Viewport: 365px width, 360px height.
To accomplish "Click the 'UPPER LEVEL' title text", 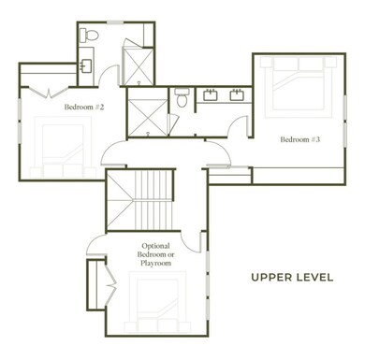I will [x=292, y=277].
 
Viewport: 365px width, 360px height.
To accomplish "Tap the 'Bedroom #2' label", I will [x=84, y=108].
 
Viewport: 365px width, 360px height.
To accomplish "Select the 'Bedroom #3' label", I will [x=300, y=140].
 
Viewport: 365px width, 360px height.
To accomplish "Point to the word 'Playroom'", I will [x=155, y=264].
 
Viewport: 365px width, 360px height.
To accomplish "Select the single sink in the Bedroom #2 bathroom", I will [x=85, y=66].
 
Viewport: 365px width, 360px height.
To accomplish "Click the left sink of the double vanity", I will [x=212, y=94].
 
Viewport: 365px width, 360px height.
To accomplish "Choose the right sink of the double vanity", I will [x=235, y=94].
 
